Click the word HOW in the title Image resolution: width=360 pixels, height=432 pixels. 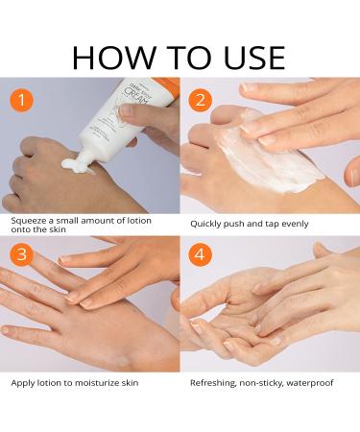pos(113,58)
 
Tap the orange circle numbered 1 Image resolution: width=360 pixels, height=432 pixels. pos(21,100)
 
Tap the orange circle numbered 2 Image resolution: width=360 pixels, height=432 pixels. pos(201,100)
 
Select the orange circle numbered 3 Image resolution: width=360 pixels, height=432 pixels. pos(21,254)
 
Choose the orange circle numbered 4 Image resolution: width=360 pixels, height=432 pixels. pos(201,254)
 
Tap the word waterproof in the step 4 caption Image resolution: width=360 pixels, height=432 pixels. pos(310,383)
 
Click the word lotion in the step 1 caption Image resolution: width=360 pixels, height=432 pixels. pos(139,221)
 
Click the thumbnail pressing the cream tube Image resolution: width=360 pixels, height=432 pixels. pos(127,109)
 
